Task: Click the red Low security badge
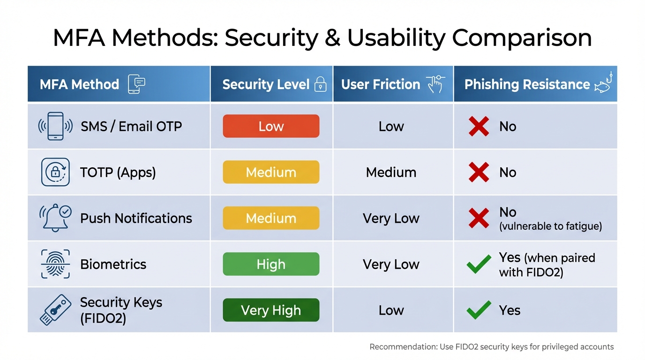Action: point(271,126)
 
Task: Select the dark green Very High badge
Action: point(271,310)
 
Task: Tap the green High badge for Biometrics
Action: point(271,264)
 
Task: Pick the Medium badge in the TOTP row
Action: point(271,172)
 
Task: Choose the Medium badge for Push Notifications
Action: point(271,218)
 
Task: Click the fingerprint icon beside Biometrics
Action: point(55,264)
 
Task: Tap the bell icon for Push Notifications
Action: point(55,218)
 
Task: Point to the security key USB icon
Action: point(55,310)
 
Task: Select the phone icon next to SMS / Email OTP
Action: point(55,126)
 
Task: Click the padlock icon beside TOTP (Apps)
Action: point(55,172)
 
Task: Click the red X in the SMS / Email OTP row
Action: point(479,127)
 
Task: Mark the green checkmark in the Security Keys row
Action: point(479,310)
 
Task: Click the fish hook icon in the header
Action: point(604,83)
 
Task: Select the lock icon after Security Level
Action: point(320,84)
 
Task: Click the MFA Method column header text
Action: point(79,84)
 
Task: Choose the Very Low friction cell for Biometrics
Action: point(391,264)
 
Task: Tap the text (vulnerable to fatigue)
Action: point(550,226)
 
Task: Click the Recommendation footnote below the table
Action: point(491,347)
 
